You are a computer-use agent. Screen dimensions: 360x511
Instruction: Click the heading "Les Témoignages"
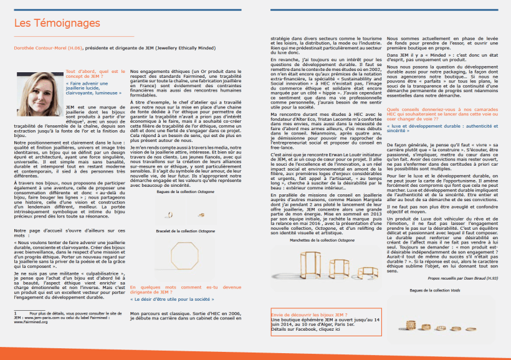[x=57, y=24]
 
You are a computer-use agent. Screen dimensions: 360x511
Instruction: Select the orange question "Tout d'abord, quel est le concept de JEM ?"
[x=94, y=73]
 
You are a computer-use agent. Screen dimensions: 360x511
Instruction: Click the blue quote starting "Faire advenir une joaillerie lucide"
[x=94, y=89]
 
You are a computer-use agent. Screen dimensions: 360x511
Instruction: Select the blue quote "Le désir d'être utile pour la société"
[x=173, y=299]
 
